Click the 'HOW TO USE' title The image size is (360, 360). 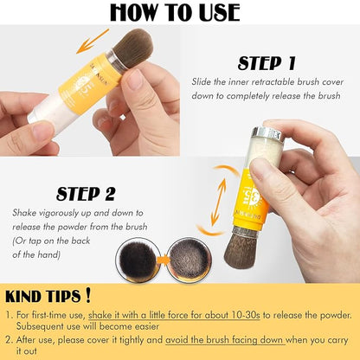point(180,12)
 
